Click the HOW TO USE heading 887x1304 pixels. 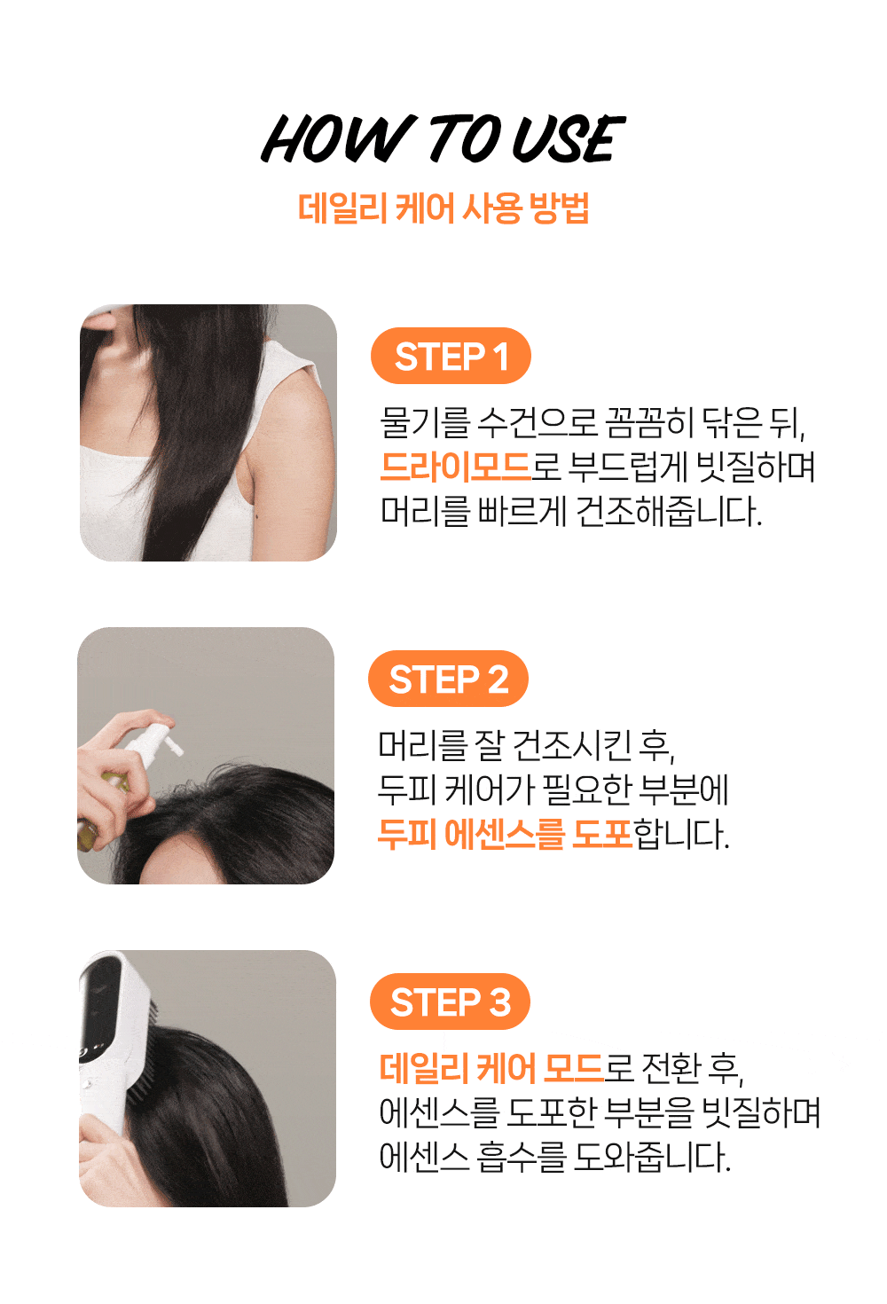(x=443, y=138)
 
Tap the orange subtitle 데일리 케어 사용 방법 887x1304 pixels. (x=443, y=208)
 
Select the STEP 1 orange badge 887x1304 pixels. (x=451, y=356)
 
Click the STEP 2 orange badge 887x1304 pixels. (x=448, y=679)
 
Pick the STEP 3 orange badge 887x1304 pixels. (x=450, y=1002)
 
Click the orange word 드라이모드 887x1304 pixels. (x=456, y=467)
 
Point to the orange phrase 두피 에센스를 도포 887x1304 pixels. (x=505, y=834)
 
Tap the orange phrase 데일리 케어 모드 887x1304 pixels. (x=491, y=1068)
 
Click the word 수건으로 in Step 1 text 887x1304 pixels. (x=536, y=422)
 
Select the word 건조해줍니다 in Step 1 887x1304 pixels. (x=668, y=512)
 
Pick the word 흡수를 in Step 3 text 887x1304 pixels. (x=521, y=1157)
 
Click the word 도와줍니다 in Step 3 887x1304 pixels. (x=652, y=1157)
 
